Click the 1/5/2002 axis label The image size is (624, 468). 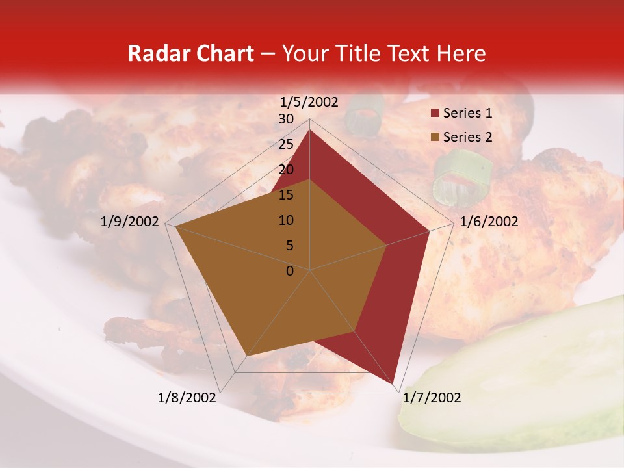pos(309,102)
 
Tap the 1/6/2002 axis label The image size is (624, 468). pos(489,222)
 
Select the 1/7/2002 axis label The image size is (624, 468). pos(432,398)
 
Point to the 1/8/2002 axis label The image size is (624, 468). pos(187,398)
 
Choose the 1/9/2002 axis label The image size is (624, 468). pos(130,222)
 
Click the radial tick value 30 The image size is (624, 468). pos(286,119)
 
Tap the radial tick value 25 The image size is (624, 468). pos(286,144)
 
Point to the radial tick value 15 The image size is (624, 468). pos(286,195)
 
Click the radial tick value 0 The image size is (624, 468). pos(290,271)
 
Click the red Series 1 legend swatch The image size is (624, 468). pos(435,114)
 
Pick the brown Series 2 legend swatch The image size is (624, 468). pos(435,137)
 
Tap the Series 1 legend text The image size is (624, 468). pos(467,113)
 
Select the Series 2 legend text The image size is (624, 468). pos(467,137)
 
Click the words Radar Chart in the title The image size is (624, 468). pos(190,54)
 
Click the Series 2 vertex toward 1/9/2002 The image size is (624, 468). pos(175,226)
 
